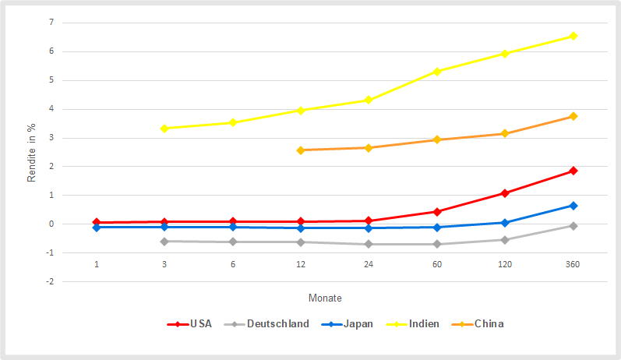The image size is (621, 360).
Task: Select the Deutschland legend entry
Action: pyautogui.click(x=266, y=323)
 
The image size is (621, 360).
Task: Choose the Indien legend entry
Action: pyautogui.click(x=415, y=323)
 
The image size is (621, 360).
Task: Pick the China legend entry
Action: pyautogui.click(x=480, y=323)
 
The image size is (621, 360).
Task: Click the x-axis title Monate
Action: pyautogui.click(x=325, y=298)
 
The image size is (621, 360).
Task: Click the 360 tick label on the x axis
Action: pyautogui.click(x=573, y=265)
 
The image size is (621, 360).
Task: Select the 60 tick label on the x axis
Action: pyautogui.click(x=437, y=265)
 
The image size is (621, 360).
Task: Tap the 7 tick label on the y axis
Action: pyautogui.click(x=51, y=23)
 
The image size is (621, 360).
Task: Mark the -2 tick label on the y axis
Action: pyautogui.click(x=50, y=281)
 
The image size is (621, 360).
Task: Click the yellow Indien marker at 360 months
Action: pyautogui.click(x=573, y=36)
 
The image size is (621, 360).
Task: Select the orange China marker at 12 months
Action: pyautogui.click(x=301, y=150)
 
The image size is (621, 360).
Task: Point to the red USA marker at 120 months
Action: pyautogui.click(x=505, y=193)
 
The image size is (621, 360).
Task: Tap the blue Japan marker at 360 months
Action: pyautogui.click(x=573, y=206)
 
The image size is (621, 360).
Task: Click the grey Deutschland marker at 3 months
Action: pyautogui.click(x=164, y=242)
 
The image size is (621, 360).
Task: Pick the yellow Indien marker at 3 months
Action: pyautogui.click(x=164, y=129)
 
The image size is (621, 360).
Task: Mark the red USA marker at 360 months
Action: pyautogui.click(x=573, y=171)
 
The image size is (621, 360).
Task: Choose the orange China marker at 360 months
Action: pyautogui.click(x=573, y=116)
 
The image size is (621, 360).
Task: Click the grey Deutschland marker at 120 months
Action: pyautogui.click(x=505, y=240)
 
